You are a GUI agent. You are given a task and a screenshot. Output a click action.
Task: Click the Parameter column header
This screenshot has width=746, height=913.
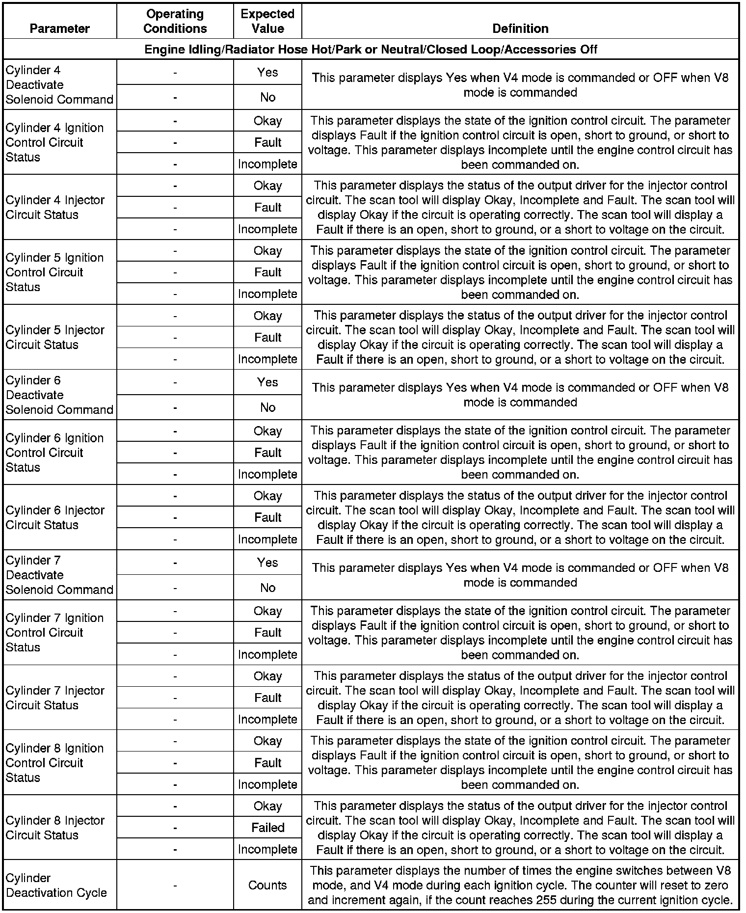pos(59,28)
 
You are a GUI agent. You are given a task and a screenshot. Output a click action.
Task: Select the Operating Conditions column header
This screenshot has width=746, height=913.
pos(175,21)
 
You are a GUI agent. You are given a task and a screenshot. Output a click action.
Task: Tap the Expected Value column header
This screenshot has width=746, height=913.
pos(267,21)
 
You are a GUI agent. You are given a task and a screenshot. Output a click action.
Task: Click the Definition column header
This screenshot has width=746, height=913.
pos(520,28)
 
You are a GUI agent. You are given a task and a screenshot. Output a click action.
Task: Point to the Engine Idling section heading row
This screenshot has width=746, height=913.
pos(371,49)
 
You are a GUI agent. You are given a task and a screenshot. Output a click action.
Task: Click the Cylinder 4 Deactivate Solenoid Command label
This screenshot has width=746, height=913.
pos(59,84)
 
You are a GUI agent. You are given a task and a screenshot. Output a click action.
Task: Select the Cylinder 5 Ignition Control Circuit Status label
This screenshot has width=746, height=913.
pos(54,272)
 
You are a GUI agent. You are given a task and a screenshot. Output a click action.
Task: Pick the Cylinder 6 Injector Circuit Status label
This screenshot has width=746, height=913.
pos(55,517)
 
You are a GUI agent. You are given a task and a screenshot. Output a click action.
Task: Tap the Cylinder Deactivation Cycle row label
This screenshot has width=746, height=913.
pos(56,885)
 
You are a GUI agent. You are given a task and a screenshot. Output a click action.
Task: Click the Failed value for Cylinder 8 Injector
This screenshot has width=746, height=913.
pos(267,828)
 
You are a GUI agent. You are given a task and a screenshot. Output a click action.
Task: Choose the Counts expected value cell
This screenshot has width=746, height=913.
pos(267,885)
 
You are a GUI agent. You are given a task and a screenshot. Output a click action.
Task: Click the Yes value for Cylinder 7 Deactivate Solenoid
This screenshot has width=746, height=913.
pos(267,563)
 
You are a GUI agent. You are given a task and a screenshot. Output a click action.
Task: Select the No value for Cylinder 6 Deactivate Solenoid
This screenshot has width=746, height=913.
pos(267,407)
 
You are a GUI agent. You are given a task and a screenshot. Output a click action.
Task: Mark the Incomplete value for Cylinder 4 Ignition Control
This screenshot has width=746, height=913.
pos(267,164)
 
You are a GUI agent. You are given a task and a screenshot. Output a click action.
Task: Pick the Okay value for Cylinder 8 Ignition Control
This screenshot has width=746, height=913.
pos(267,741)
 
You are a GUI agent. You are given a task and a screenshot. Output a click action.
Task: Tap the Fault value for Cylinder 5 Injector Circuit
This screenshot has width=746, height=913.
pos(267,337)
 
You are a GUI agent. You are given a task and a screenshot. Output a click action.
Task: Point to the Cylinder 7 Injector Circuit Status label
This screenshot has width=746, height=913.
pos(55,698)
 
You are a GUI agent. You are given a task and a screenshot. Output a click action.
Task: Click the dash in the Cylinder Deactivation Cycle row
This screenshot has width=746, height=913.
pos(175,885)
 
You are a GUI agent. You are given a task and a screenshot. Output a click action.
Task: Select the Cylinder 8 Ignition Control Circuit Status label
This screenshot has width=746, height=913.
pos(54,763)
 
